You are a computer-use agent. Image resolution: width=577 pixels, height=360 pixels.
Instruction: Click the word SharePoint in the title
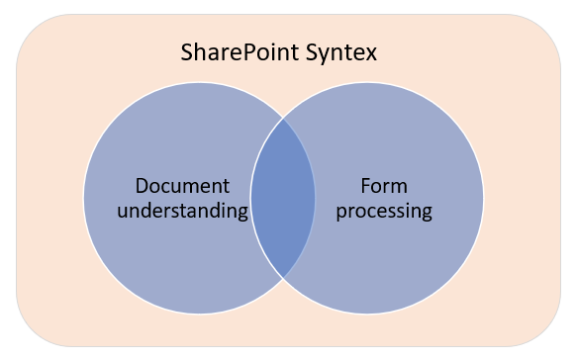pos(242,51)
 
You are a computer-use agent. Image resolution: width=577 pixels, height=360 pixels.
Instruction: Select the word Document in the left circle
pos(182,186)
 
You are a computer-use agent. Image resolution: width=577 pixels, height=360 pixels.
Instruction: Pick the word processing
pos(383,211)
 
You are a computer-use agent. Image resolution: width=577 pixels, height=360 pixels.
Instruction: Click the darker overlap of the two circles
pos(283,198)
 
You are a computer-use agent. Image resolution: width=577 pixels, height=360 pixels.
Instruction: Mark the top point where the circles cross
pos(283,119)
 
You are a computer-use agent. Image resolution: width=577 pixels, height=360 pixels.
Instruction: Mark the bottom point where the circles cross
pos(283,277)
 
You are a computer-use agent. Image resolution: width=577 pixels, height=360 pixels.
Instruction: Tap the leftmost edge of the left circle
pos(84,198)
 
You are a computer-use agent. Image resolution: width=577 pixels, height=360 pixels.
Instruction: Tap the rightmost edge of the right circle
pos(483,198)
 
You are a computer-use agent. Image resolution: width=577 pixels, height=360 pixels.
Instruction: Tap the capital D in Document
pos(142,186)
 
